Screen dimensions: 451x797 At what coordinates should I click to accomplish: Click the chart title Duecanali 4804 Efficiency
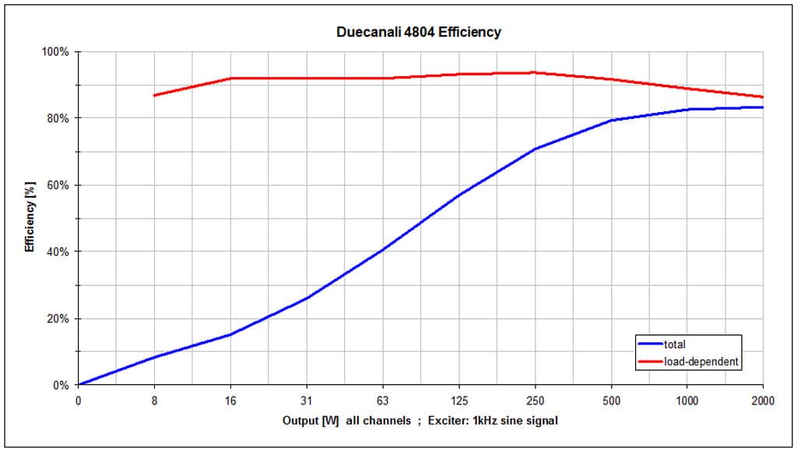419,33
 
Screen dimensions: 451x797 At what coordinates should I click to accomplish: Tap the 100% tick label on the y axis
57,52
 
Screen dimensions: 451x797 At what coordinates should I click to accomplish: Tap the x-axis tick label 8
154,401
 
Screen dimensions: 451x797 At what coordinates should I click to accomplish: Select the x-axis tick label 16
230,401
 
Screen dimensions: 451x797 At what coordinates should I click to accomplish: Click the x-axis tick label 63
382,401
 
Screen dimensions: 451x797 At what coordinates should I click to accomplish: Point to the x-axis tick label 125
458,401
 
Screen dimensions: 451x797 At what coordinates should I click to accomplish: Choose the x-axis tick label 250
534,401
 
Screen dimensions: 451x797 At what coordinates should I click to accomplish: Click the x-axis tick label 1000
686,401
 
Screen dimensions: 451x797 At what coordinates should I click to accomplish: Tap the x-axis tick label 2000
762,401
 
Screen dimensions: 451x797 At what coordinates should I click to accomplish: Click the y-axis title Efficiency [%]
30,219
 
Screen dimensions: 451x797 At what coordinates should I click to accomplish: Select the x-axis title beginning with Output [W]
420,421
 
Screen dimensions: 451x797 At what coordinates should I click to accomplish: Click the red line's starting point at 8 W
154,96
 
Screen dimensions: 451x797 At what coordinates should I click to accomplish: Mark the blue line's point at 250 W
534,149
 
